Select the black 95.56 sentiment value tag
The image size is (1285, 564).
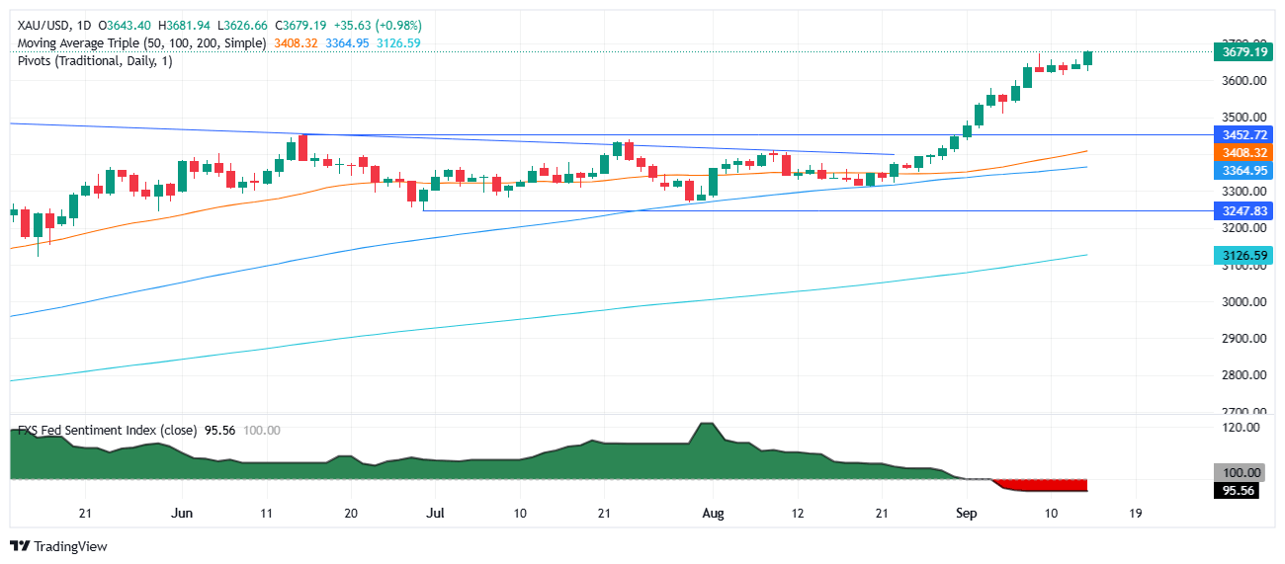[1237, 491]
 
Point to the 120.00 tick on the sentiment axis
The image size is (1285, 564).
[1240, 428]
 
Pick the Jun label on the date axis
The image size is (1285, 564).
[181, 514]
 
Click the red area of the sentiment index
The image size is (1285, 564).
[1048, 485]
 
